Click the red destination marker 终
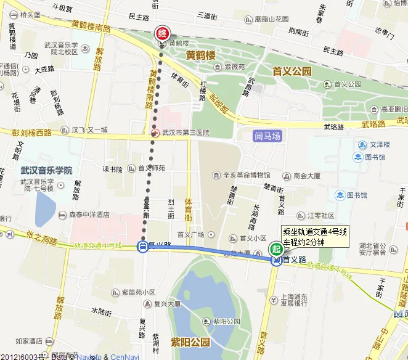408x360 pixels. pos(162,33)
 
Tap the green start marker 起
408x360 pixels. pos(276,250)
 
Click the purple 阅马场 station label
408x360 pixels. pos(267,136)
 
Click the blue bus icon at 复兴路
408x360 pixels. pos(142,247)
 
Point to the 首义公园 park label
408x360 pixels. pos(292,72)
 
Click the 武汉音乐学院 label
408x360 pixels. pos(46,170)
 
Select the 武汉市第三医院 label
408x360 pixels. pos(186,133)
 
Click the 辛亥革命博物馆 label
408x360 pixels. pos(246,176)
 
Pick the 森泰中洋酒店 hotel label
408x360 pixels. pos(89,215)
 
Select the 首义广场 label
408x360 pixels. pos(190,234)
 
